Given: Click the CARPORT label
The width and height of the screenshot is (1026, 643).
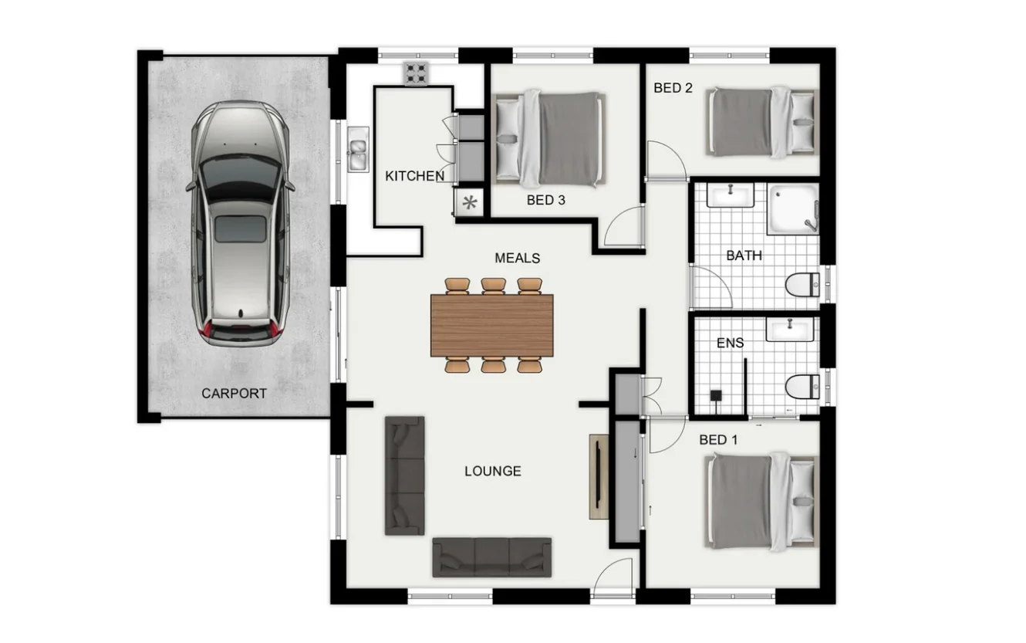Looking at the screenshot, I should pyautogui.click(x=234, y=394).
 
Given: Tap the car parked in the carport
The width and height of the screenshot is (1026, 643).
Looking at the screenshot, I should pyautogui.click(x=240, y=224).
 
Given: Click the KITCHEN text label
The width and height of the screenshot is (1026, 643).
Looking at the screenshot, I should pyautogui.click(x=414, y=177).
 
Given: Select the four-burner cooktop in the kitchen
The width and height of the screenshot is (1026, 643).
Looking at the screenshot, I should pyautogui.click(x=417, y=74).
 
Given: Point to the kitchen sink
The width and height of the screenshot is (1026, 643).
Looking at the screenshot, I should pyautogui.click(x=358, y=150).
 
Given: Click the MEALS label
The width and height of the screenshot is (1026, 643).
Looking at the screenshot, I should pyautogui.click(x=517, y=258).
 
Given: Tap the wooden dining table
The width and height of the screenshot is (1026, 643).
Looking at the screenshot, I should pyautogui.click(x=492, y=325).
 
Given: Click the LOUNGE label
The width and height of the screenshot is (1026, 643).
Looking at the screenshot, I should pyautogui.click(x=492, y=471).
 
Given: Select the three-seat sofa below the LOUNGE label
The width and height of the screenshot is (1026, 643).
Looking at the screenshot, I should pyautogui.click(x=492, y=557).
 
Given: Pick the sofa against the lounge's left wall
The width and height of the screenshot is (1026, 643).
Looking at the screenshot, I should pyautogui.click(x=405, y=475).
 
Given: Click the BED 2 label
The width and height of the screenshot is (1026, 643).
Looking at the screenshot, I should pyautogui.click(x=673, y=88).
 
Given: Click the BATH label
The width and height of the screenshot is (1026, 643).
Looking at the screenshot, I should pyautogui.click(x=744, y=256).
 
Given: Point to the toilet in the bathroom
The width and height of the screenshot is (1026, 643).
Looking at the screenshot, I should pyautogui.click(x=803, y=285).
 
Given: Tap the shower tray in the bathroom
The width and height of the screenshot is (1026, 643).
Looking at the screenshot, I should pyautogui.click(x=792, y=209).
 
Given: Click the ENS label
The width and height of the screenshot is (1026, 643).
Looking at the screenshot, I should pyautogui.click(x=730, y=343).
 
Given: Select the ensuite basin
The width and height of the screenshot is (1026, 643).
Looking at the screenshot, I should pyautogui.click(x=789, y=330).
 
